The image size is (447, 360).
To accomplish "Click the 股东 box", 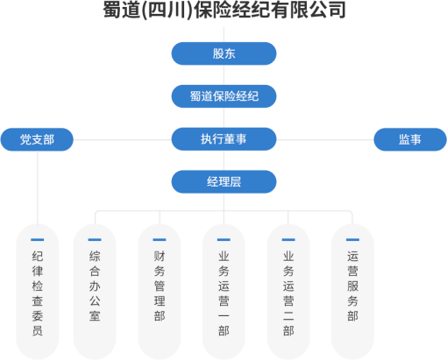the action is click(x=223, y=53).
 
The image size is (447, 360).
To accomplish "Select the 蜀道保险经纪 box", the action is click(x=223, y=96).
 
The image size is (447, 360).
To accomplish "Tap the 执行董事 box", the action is click(x=223, y=139).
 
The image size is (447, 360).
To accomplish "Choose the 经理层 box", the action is click(x=223, y=181).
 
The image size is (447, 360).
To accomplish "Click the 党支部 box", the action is click(x=37, y=139).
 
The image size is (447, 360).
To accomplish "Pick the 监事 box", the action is click(x=410, y=139).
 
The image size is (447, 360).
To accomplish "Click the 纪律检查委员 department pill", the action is click(x=38, y=292).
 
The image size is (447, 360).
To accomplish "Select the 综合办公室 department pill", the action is click(x=95, y=292).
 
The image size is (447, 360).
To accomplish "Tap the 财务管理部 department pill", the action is click(x=160, y=292).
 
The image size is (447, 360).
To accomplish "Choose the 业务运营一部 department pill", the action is click(x=223, y=292).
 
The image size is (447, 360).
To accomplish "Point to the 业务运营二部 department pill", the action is click(x=288, y=292).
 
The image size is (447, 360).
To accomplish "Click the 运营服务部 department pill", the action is click(x=352, y=292).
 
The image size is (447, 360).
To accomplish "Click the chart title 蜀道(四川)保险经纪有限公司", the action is click(x=224, y=11).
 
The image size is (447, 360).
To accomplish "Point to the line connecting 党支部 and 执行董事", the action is click(x=123, y=139).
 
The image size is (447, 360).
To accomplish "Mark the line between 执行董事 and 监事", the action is click(x=325, y=139).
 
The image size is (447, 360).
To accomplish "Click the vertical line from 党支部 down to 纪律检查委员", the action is click(x=38, y=187).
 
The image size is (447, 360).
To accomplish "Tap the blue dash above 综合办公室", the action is click(x=95, y=240).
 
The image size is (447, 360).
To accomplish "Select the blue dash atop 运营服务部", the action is click(x=352, y=240).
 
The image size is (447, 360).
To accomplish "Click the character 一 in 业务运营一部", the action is click(x=223, y=316).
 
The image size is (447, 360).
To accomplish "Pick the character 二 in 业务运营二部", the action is click(x=288, y=316).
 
